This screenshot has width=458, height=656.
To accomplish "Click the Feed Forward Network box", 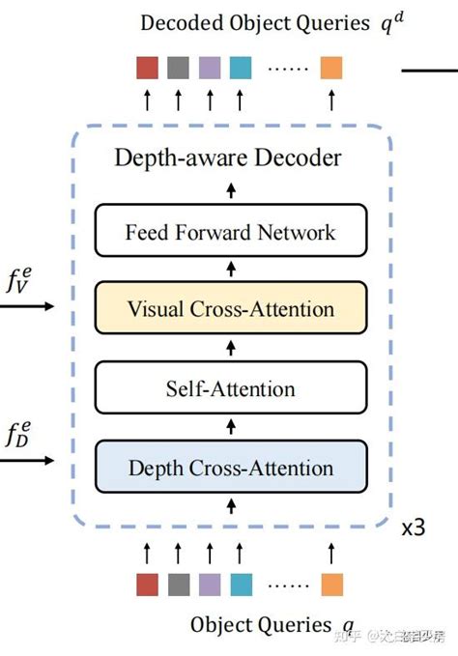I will pos(230,232).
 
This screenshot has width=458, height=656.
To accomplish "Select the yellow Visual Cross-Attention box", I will pos(230,309).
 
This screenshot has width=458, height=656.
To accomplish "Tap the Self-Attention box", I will pos(230,389).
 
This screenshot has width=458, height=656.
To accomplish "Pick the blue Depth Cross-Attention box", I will pos(230,469).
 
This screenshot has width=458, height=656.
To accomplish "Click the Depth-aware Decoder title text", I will pos(230,157).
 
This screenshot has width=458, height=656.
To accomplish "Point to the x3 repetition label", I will pos(413,529).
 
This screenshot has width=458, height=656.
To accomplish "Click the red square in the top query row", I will pos(147,68).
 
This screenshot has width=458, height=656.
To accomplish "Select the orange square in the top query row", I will pos(331,68).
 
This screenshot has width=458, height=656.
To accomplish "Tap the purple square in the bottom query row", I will pos(210,585).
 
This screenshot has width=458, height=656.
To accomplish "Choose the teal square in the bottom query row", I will pos(241,585).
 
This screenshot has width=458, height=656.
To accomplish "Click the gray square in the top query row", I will pos(178,68).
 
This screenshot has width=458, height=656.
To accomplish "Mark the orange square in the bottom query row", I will pos(331,585).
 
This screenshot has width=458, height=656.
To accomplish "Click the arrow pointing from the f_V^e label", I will pos(28,307).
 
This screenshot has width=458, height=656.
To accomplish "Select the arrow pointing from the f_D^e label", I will pos(28,461).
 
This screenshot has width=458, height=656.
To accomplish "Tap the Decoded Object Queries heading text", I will pos(259,23).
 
